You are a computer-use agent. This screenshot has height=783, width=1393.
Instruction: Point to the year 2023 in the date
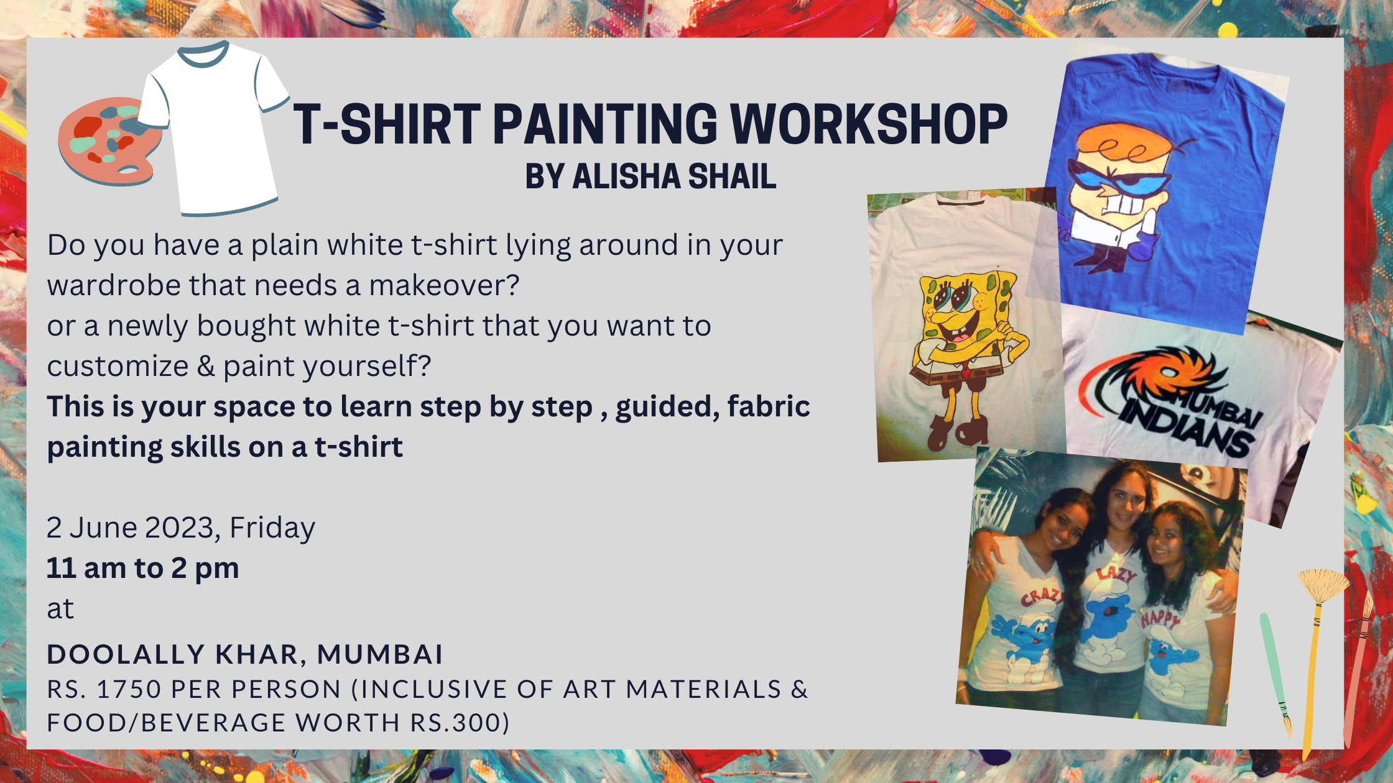(180, 528)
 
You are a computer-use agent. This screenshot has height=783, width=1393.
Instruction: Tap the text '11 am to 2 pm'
(143, 569)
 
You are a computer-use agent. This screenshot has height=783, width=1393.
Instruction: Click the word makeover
(444, 285)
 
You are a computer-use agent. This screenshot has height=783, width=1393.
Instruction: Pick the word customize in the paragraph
(118, 366)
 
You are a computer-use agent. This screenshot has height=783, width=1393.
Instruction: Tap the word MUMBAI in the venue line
(380, 654)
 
